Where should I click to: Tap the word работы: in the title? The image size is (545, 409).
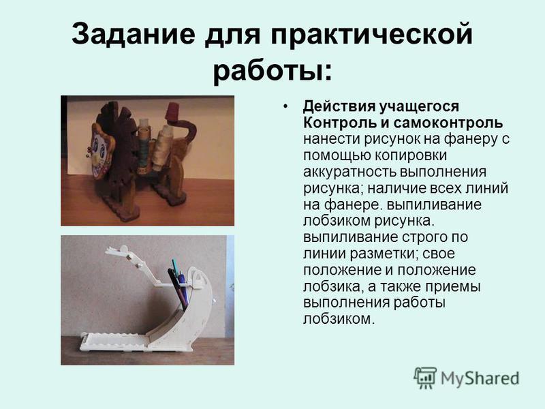coord(272,72)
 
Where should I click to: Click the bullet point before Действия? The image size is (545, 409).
coord(285,106)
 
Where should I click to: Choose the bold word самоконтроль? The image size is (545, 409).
coord(448,123)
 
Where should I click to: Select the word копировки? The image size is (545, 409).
coord(410,156)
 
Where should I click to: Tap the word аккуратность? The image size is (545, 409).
coord(349,172)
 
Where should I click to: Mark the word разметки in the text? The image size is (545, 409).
coord(382,254)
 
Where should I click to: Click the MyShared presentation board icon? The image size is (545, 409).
coord(425,378)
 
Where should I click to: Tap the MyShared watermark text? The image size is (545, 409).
coord(480,378)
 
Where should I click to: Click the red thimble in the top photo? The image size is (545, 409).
coord(174,112)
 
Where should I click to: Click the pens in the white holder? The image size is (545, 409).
coord(180,284)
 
